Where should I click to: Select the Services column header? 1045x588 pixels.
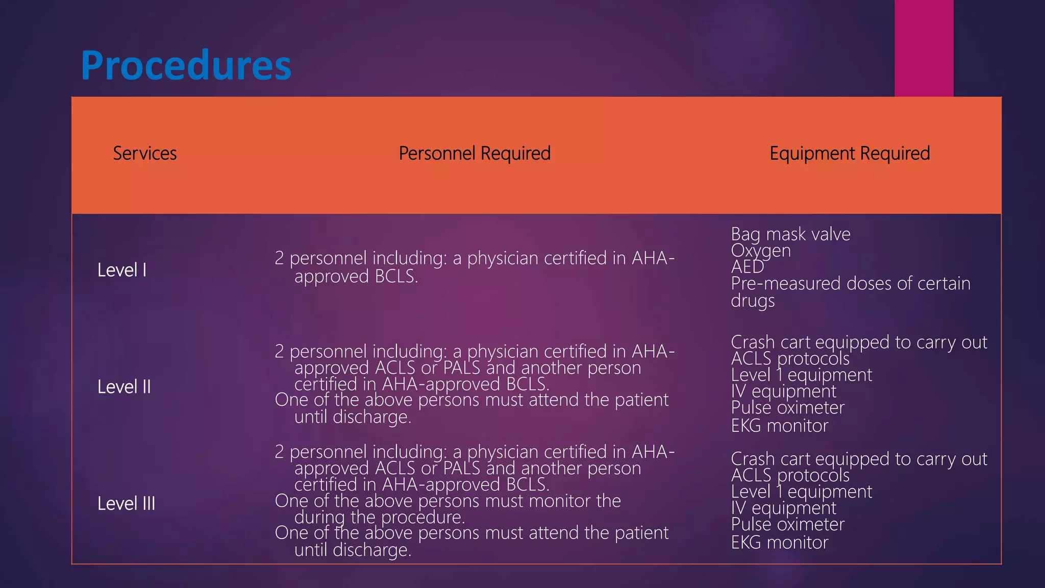click(145, 154)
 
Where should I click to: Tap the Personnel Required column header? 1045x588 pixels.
click(475, 154)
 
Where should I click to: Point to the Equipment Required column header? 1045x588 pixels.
click(850, 154)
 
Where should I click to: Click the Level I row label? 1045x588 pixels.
click(122, 270)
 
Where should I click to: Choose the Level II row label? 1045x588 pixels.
click(124, 387)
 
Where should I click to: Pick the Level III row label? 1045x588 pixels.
click(126, 504)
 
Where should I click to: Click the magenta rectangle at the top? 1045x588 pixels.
click(924, 48)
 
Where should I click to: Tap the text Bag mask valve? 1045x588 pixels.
click(790, 234)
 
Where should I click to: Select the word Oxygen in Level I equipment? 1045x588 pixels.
click(761, 251)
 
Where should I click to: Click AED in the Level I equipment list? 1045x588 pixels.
click(748, 267)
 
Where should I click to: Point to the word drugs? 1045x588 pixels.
click(753, 301)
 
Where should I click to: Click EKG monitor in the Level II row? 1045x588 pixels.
click(779, 426)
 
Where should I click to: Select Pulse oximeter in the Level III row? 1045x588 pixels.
click(787, 524)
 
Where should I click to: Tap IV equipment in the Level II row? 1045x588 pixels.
click(783, 391)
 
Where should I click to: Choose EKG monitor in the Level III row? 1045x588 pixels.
click(779, 543)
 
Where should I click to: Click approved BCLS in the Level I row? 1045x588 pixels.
click(356, 277)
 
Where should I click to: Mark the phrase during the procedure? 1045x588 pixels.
click(380, 518)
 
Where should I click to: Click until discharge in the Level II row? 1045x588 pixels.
click(353, 417)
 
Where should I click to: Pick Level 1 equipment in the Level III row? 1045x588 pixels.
click(801, 492)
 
